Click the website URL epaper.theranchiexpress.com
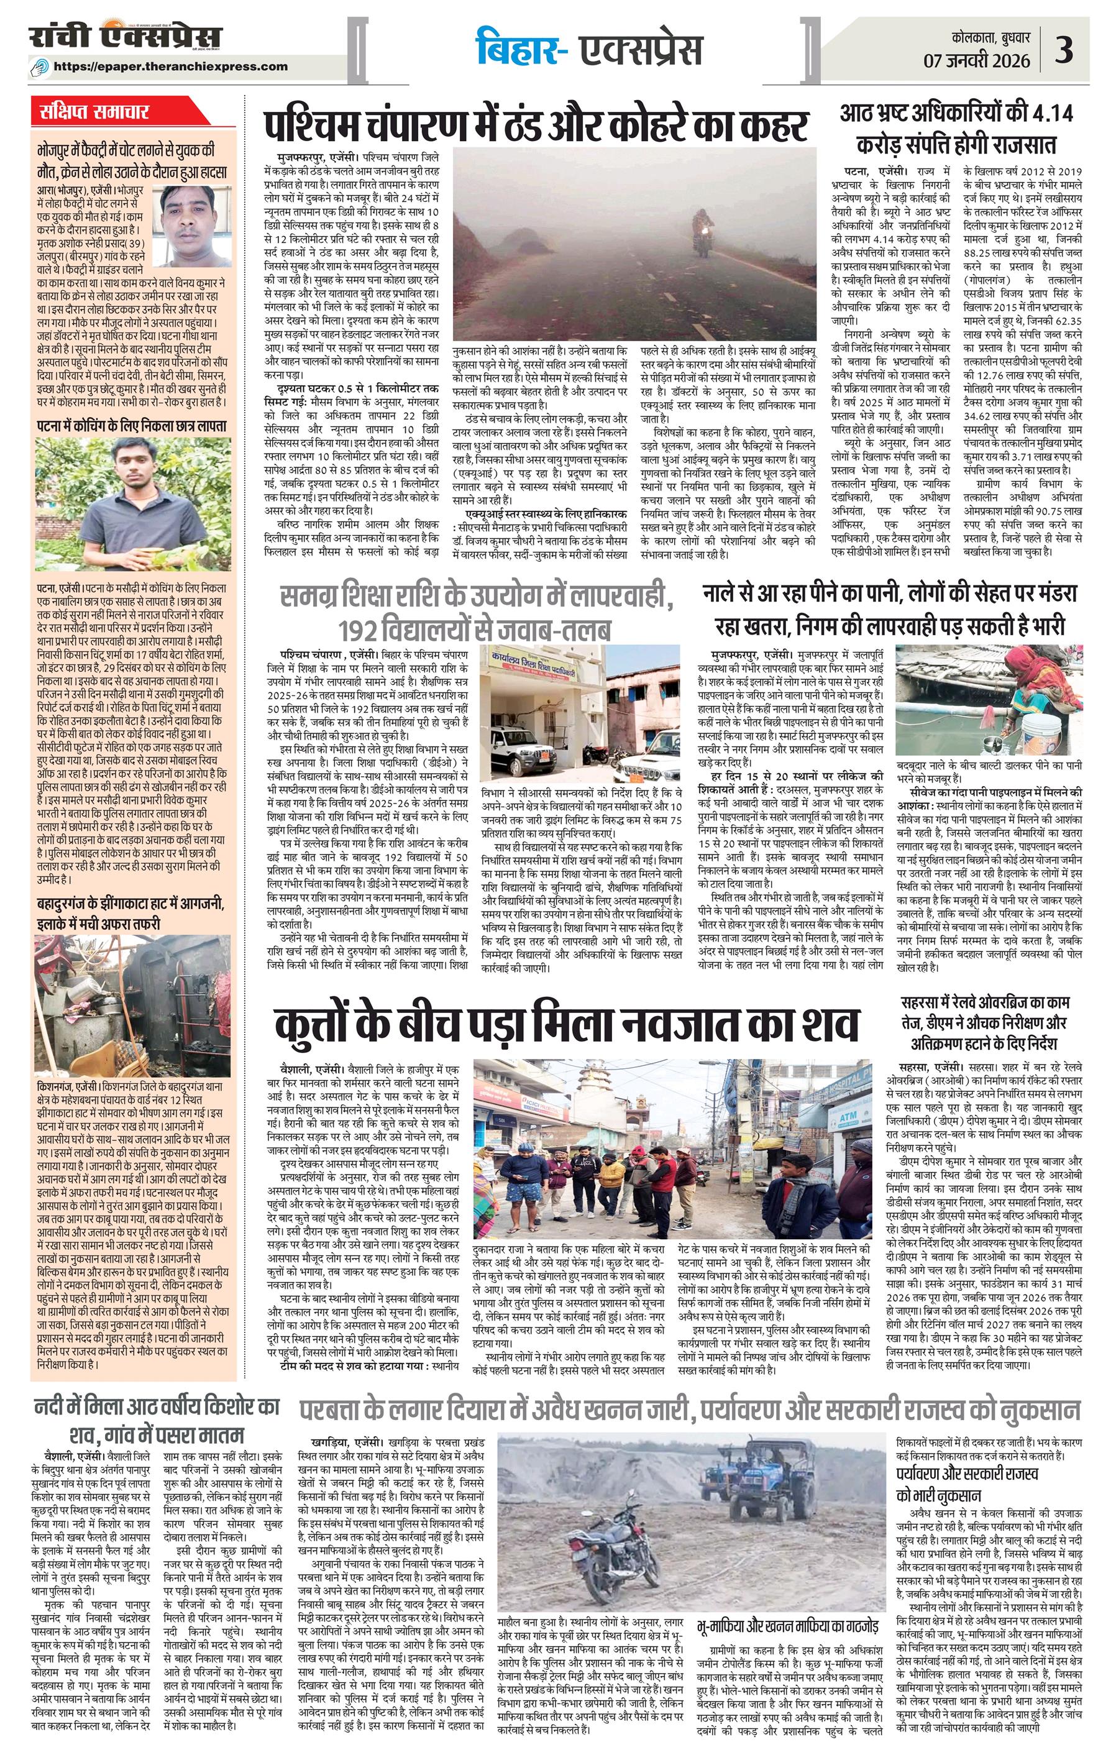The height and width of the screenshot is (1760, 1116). pos(171,66)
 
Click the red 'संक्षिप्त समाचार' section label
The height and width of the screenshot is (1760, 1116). pos(95,112)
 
